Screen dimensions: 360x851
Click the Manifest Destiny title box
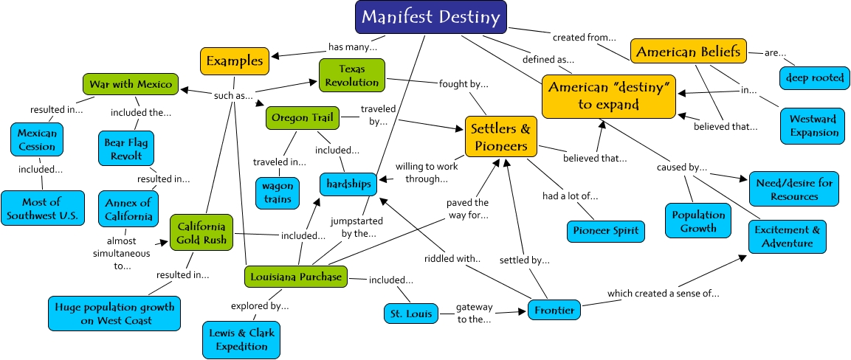pos(430,17)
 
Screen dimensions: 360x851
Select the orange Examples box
pos(234,60)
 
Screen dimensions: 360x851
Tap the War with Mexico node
pos(131,84)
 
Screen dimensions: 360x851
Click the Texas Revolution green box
pos(352,75)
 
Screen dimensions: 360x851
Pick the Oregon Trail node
pos(303,117)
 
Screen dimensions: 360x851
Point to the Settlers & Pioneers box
pos(500,136)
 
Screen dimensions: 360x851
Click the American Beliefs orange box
pos(688,52)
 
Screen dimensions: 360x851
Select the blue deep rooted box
pos(813,77)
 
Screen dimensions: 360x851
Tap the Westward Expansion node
pos(813,125)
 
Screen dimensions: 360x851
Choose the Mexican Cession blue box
pos(37,139)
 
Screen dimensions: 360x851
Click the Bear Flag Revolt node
pos(125,149)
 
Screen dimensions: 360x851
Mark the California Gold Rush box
pos(201,232)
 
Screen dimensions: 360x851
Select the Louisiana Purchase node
pos(294,277)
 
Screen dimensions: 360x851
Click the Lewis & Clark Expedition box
pos(241,339)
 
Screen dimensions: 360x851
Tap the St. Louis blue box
pos(411,314)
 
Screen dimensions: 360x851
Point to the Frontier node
pos(554,311)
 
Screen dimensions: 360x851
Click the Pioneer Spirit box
pos(605,231)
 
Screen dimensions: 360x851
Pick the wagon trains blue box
pos(278,192)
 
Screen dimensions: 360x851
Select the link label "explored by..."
pos(259,305)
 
